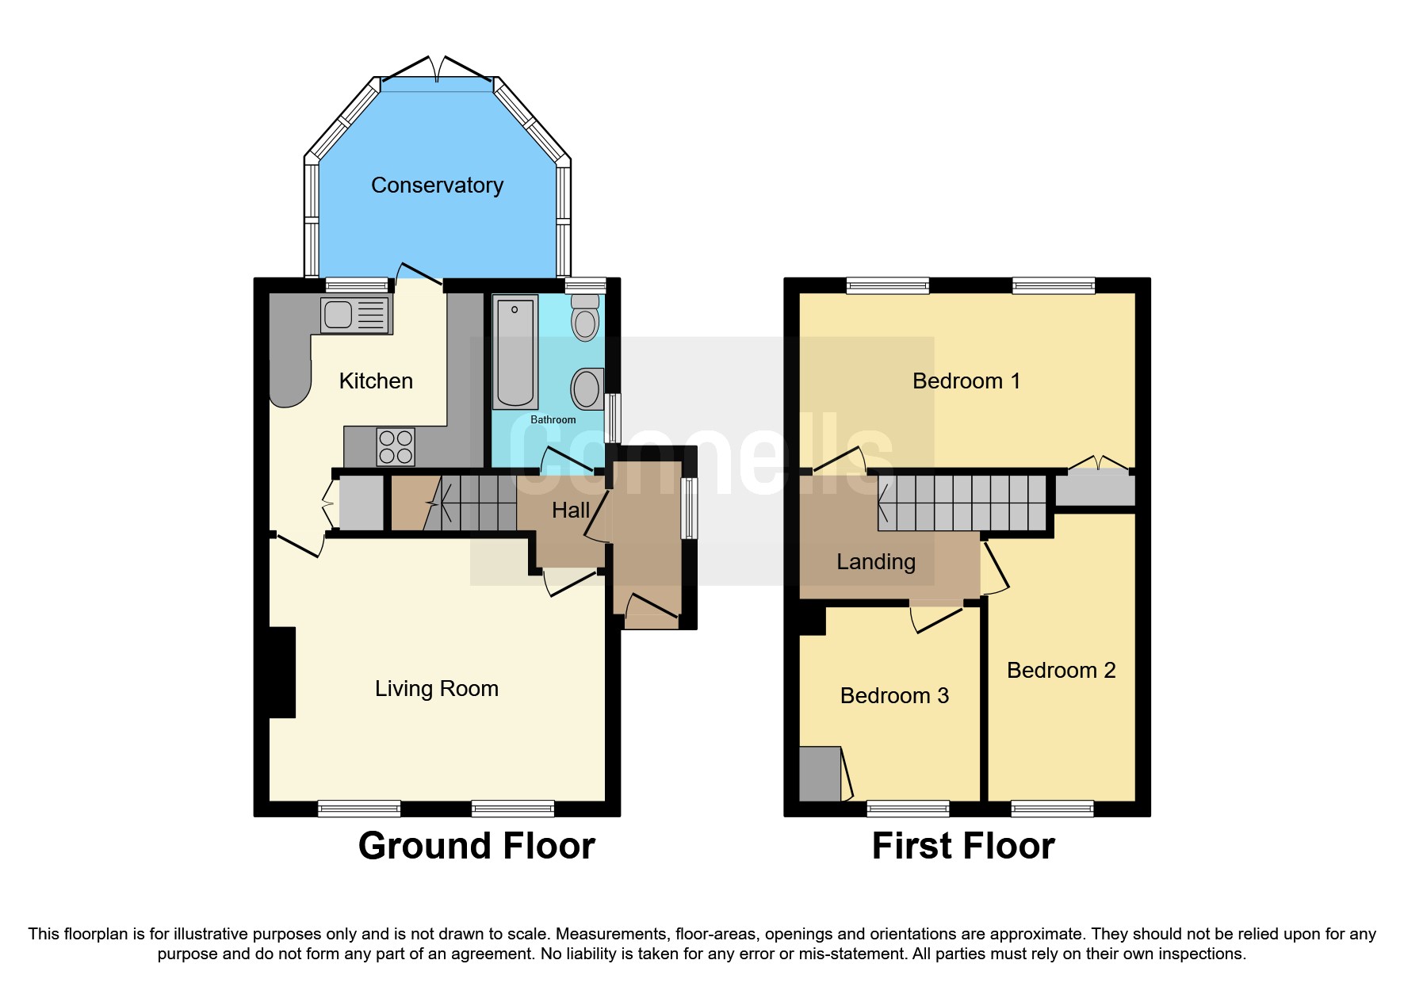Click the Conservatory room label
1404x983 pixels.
tap(437, 186)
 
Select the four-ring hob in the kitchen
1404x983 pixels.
tap(396, 447)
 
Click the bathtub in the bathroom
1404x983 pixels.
tap(515, 350)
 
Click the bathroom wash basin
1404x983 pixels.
tap(587, 388)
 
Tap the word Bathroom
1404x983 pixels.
tap(553, 419)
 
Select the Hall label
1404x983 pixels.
tap(571, 511)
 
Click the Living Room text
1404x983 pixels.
tap(437, 689)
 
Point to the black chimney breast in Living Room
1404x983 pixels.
tap(282, 672)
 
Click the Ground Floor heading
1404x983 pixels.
tap(476, 846)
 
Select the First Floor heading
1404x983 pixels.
tap(962, 846)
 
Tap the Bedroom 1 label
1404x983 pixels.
tap(966, 381)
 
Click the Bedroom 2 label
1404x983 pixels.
tap(1061, 671)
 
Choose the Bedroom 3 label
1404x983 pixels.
tap(894, 696)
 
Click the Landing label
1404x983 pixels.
tap(876, 562)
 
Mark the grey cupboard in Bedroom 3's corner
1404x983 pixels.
tap(820, 774)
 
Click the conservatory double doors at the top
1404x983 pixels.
tap(437, 70)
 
